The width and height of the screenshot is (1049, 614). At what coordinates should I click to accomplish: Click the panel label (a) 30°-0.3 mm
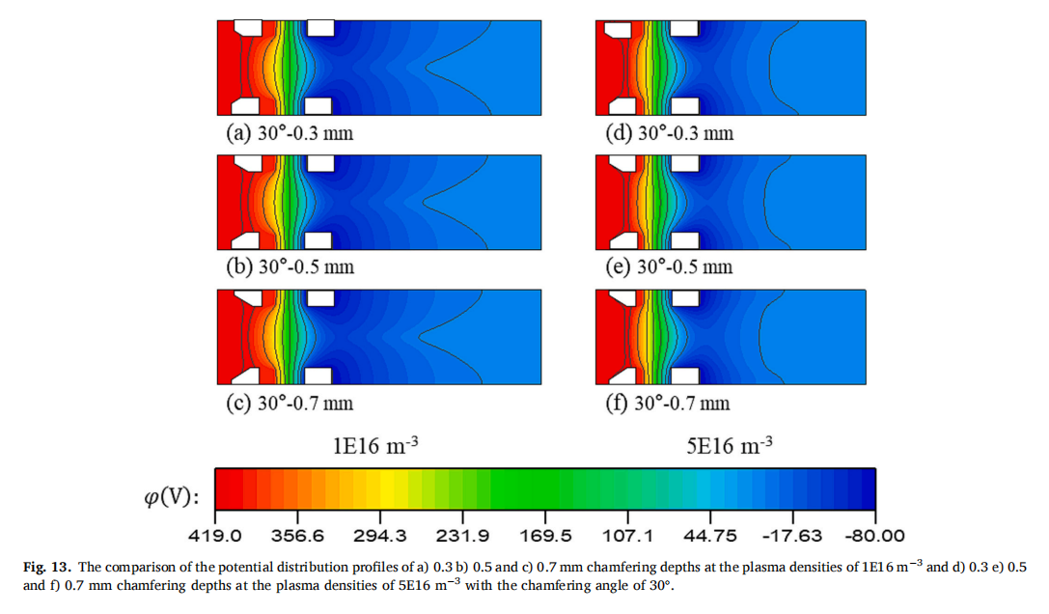coord(290,133)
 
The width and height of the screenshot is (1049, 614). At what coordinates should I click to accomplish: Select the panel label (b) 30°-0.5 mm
coord(290,267)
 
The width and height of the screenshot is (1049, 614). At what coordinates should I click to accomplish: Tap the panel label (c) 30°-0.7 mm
coord(290,403)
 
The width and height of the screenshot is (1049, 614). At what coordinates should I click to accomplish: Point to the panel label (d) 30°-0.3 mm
coord(669,133)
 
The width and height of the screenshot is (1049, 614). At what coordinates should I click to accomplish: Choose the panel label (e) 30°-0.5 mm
coord(669,267)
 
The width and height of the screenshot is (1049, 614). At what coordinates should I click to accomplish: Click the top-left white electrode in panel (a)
coord(250,26)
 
